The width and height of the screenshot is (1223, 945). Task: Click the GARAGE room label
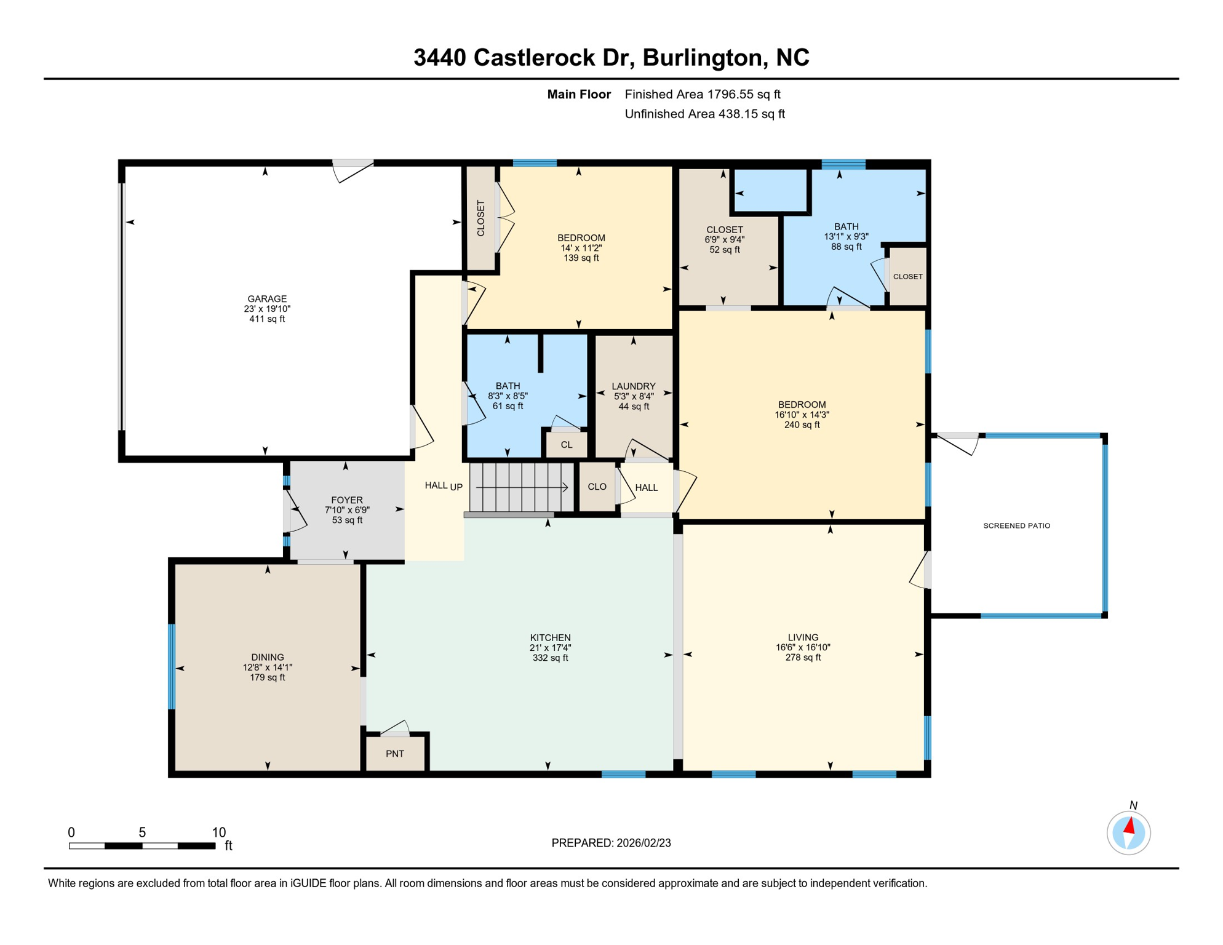click(x=267, y=299)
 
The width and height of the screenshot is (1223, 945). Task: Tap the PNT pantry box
click(x=395, y=754)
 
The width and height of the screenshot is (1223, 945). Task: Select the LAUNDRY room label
click(x=633, y=386)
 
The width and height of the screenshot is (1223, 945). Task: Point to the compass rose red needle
click(x=1129, y=826)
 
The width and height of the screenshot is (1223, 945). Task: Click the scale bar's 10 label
click(x=219, y=832)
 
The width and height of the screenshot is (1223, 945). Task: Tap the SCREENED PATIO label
click(x=1016, y=525)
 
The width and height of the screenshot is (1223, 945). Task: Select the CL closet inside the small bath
click(x=566, y=445)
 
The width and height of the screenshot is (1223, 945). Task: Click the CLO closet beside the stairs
click(x=597, y=487)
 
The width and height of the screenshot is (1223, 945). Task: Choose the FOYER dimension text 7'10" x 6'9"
click(x=347, y=510)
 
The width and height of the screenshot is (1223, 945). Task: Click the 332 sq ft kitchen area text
click(x=550, y=658)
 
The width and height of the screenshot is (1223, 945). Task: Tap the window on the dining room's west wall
click(x=172, y=667)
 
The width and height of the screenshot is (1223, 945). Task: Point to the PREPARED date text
click(x=611, y=843)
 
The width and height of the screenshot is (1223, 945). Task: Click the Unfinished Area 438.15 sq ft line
click(x=704, y=114)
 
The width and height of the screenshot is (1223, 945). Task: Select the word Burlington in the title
click(x=700, y=58)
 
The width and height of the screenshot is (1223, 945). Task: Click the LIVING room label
click(x=803, y=637)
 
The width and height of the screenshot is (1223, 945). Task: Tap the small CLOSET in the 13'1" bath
click(x=907, y=276)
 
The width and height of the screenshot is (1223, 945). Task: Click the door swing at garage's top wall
click(x=353, y=170)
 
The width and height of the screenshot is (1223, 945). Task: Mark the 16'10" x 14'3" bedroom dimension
click(x=802, y=415)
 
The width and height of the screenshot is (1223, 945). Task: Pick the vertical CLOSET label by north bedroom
click(x=480, y=218)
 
